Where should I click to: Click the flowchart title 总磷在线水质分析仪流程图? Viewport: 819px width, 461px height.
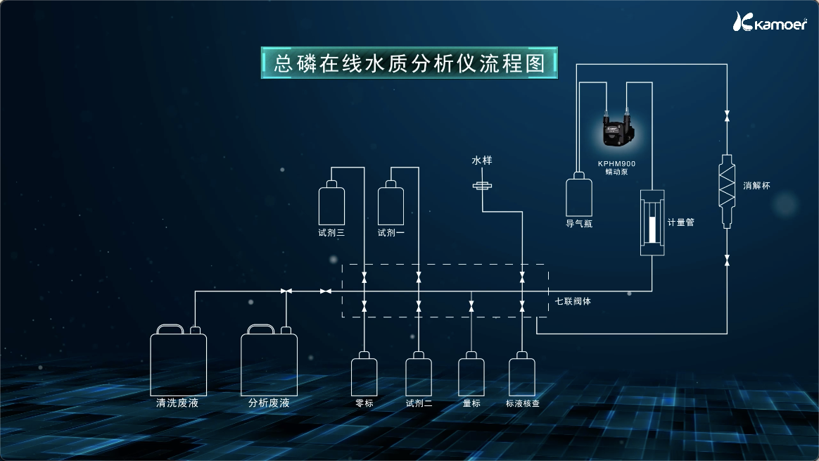pyautogui.click(x=410, y=63)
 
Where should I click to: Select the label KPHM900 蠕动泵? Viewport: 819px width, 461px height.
pyautogui.click(x=617, y=167)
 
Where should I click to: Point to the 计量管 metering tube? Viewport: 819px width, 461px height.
pyautogui.click(x=652, y=222)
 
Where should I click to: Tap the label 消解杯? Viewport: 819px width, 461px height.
pyautogui.click(x=757, y=186)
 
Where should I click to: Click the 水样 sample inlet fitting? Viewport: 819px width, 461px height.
pyautogui.click(x=482, y=186)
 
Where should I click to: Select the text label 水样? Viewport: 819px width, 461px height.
pyautogui.click(x=482, y=161)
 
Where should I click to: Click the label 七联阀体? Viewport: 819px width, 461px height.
pyautogui.click(x=572, y=301)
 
